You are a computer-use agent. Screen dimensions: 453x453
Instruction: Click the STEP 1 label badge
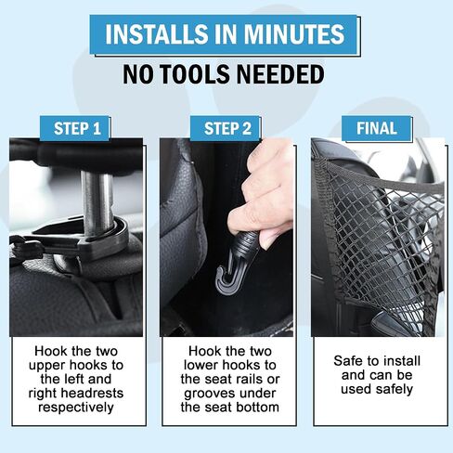75,128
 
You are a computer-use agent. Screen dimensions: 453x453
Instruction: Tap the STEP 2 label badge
226,128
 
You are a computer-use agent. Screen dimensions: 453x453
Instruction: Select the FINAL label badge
377,128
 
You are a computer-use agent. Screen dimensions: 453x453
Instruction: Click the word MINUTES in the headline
294,33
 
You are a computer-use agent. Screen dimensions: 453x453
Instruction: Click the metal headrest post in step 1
97,202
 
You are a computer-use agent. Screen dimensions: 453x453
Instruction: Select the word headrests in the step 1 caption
92,393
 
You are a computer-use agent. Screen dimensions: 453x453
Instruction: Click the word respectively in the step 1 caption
76,408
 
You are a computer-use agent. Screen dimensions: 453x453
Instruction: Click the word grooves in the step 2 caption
208,394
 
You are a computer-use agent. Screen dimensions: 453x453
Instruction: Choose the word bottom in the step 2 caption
260,407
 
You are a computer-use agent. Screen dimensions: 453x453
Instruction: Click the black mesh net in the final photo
383,241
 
